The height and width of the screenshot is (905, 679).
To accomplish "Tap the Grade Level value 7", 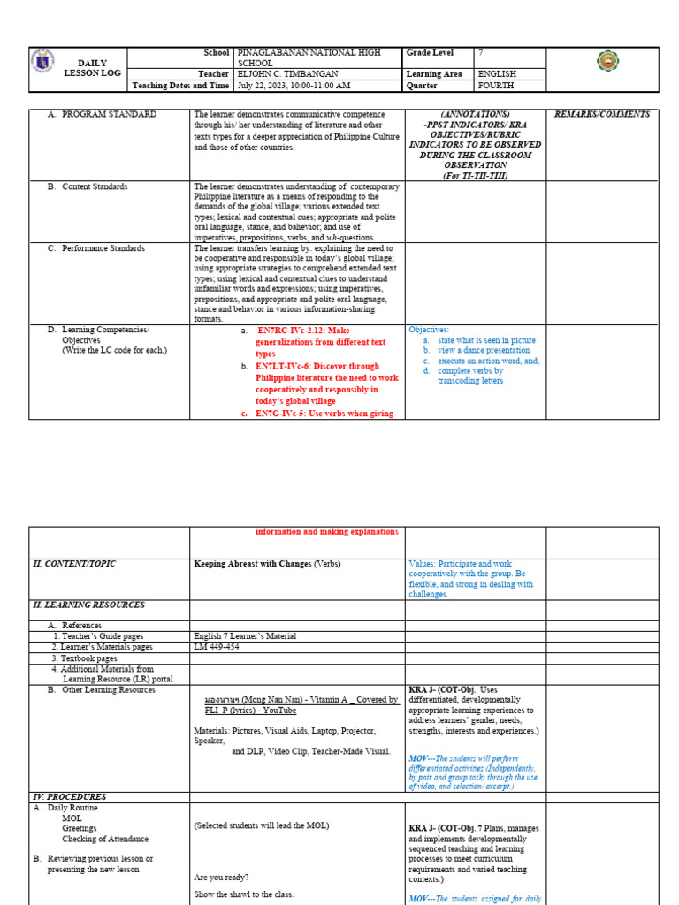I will pyautogui.click(x=481, y=53).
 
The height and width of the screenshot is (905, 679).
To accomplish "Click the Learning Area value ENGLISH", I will pyautogui.click(x=497, y=74).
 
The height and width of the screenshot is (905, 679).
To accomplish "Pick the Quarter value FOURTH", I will pyautogui.click(x=496, y=86).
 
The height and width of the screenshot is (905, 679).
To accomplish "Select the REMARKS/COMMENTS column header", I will pyautogui.click(x=601, y=114).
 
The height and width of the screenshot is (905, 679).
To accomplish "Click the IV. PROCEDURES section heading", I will pyautogui.click(x=70, y=796).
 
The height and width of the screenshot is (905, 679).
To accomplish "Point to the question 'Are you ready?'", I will pyautogui.click(x=221, y=878).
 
